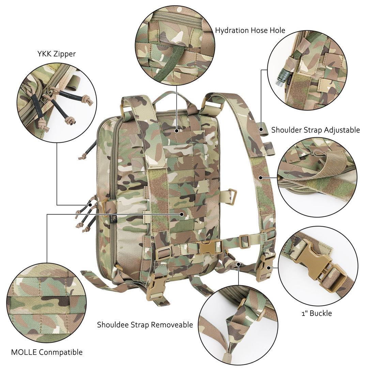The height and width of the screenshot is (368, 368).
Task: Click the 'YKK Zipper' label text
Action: point(56,54)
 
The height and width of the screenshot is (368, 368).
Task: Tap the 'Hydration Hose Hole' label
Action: point(250,30)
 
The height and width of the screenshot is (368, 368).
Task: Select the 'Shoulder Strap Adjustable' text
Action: point(315,130)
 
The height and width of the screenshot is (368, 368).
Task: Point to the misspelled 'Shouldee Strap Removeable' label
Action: point(145,325)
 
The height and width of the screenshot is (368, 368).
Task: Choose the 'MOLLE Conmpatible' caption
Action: point(47,352)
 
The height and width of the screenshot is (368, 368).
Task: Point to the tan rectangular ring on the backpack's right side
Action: point(231,197)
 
